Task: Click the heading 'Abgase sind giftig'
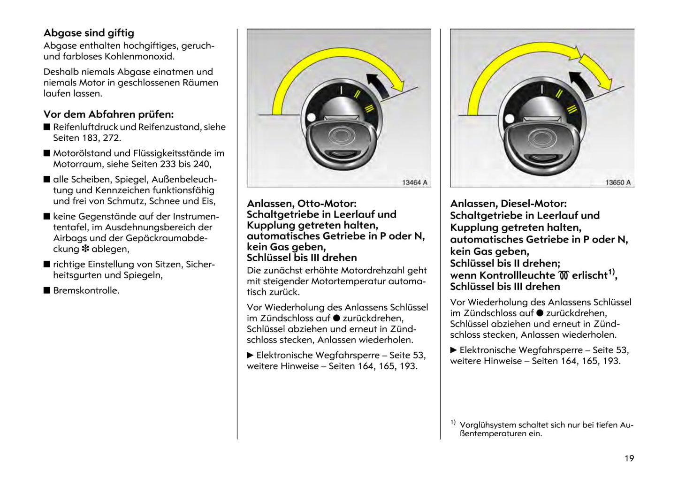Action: click(89, 33)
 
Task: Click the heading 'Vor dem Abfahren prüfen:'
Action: click(108, 114)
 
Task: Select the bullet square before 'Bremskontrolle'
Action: click(46, 290)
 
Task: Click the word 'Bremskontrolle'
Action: click(86, 290)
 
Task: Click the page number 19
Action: click(629, 458)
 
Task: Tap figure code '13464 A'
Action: click(414, 182)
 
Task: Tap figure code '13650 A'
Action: click(617, 182)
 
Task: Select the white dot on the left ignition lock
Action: click(311, 118)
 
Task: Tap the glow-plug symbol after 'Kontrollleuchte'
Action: click(563, 275)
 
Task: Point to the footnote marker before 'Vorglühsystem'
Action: click(453, 423)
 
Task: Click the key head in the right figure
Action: click(541, 141)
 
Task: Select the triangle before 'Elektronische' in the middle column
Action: click(251, 355)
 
